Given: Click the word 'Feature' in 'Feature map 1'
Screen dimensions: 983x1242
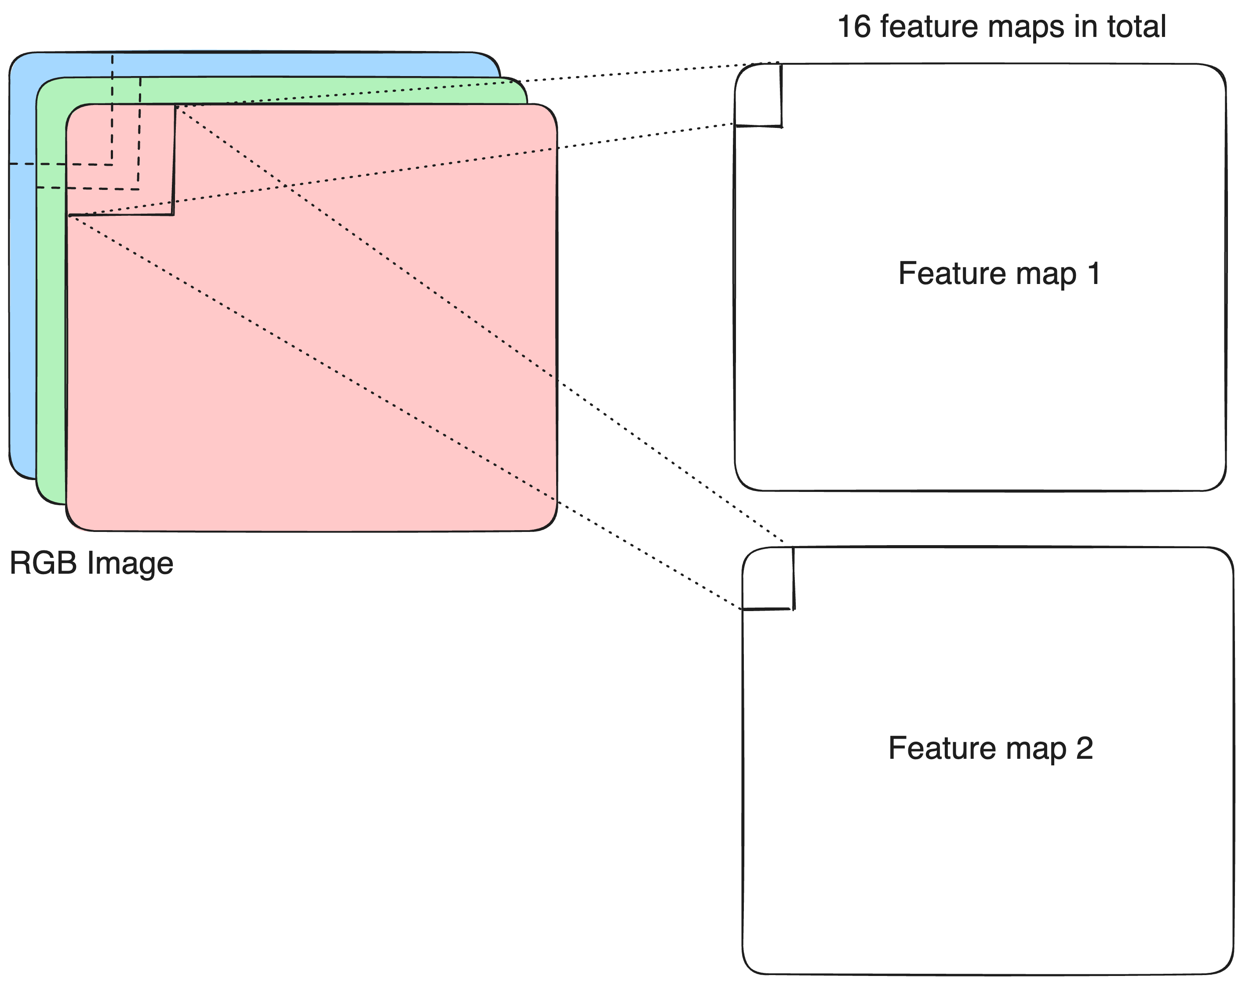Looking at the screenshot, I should pos(949,273).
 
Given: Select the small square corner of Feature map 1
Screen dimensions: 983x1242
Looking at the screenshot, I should pos(758,95).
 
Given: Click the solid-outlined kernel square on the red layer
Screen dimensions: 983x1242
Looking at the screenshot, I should pos(121,160).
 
